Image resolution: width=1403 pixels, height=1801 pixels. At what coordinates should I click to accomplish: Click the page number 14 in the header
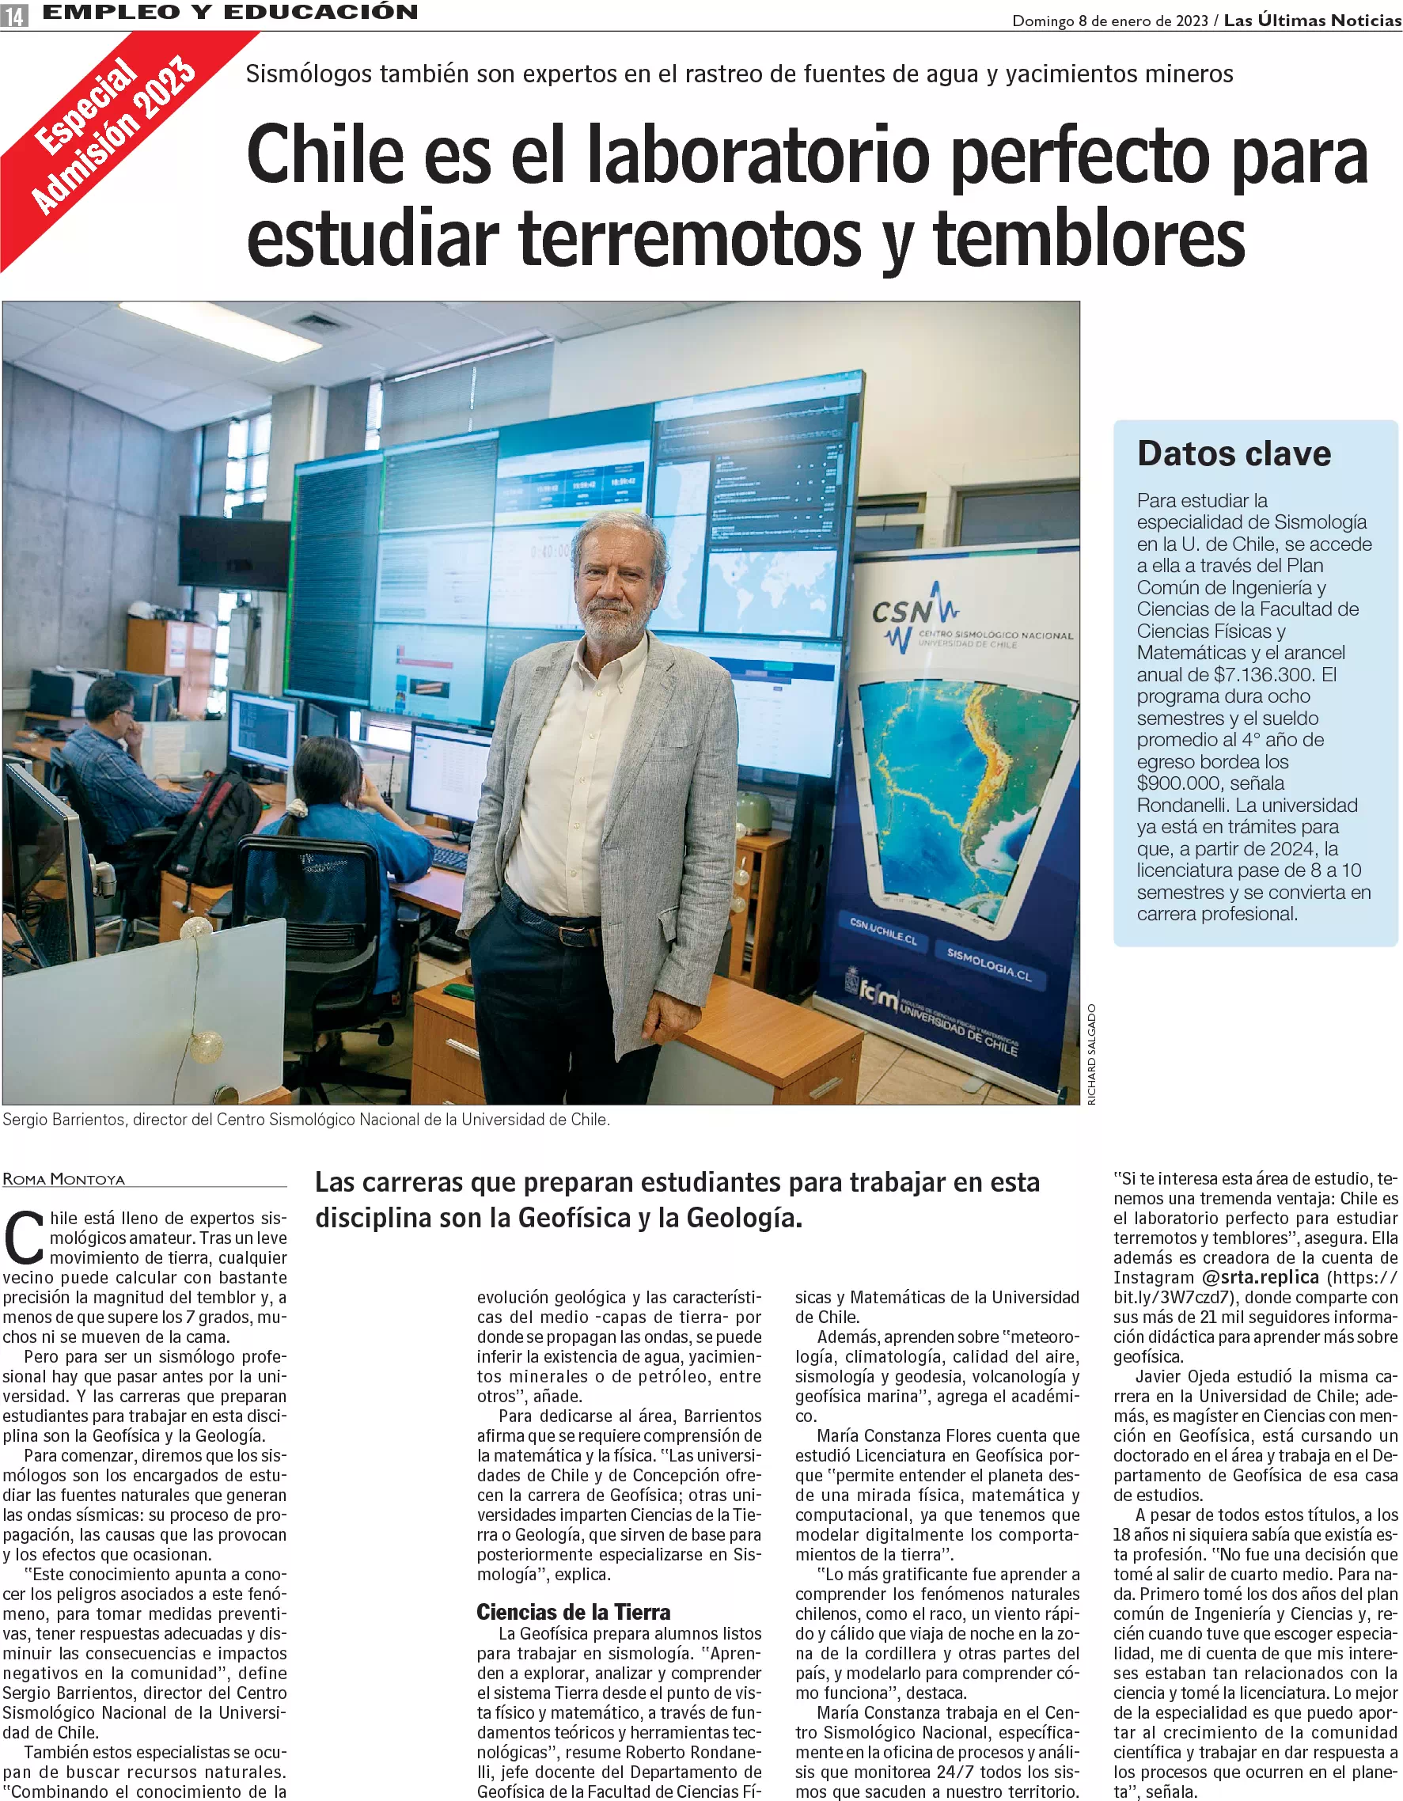coord(14,15)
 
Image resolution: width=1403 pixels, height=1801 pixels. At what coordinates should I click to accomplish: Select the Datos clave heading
coord(1233,454)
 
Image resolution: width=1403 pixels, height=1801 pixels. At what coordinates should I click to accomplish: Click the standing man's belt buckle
coord(567,937)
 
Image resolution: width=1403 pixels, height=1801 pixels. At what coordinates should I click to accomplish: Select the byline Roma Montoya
coord(64,1179)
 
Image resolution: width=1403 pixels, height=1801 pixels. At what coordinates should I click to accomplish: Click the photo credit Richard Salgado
coord(1092,1055)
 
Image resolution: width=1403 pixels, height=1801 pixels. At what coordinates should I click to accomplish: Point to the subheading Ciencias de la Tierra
coord(573,1612)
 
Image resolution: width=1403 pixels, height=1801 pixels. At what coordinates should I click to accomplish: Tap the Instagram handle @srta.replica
coord(1260,1277)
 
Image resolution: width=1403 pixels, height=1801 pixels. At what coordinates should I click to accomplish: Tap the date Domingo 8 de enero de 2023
coord(1109,21)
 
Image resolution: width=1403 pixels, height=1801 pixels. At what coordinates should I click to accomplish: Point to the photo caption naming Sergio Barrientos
coord(306,1120)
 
